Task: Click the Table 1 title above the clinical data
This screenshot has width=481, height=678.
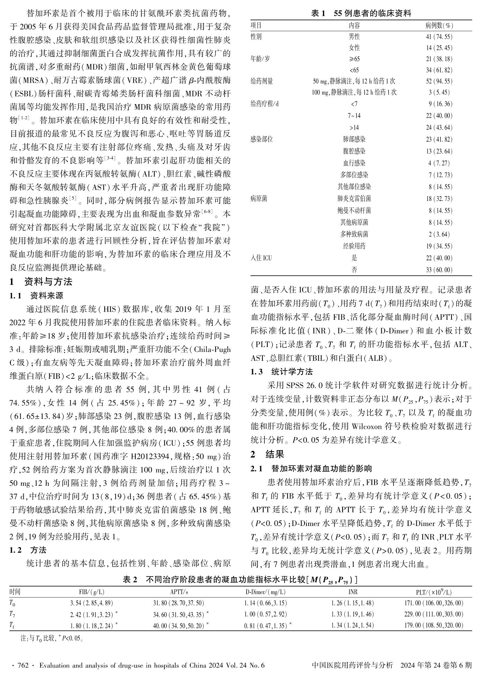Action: pos(361,14)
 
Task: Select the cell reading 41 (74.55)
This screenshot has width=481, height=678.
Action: pos(439,37)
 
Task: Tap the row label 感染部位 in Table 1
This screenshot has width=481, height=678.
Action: pos(261,139)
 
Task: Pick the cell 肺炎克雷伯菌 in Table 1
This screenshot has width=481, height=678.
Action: pos(354,199)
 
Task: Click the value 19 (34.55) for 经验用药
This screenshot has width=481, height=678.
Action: pos(439,246)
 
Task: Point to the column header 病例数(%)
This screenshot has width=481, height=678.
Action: pos(439,26)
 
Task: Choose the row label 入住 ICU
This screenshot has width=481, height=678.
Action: pos(261,258)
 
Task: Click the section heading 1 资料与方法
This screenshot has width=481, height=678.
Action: pos(41,282)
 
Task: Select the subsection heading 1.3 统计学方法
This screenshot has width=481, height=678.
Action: pos(282,372)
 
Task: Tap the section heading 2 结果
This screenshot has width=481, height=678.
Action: pos(267,454)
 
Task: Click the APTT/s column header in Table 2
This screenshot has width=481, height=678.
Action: pos(179,592)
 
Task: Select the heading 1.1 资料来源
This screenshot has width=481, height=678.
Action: pos(36,296)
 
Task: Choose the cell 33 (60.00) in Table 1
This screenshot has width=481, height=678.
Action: pos(439,270)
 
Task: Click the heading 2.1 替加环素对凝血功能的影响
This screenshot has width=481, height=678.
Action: pos(311,469)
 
